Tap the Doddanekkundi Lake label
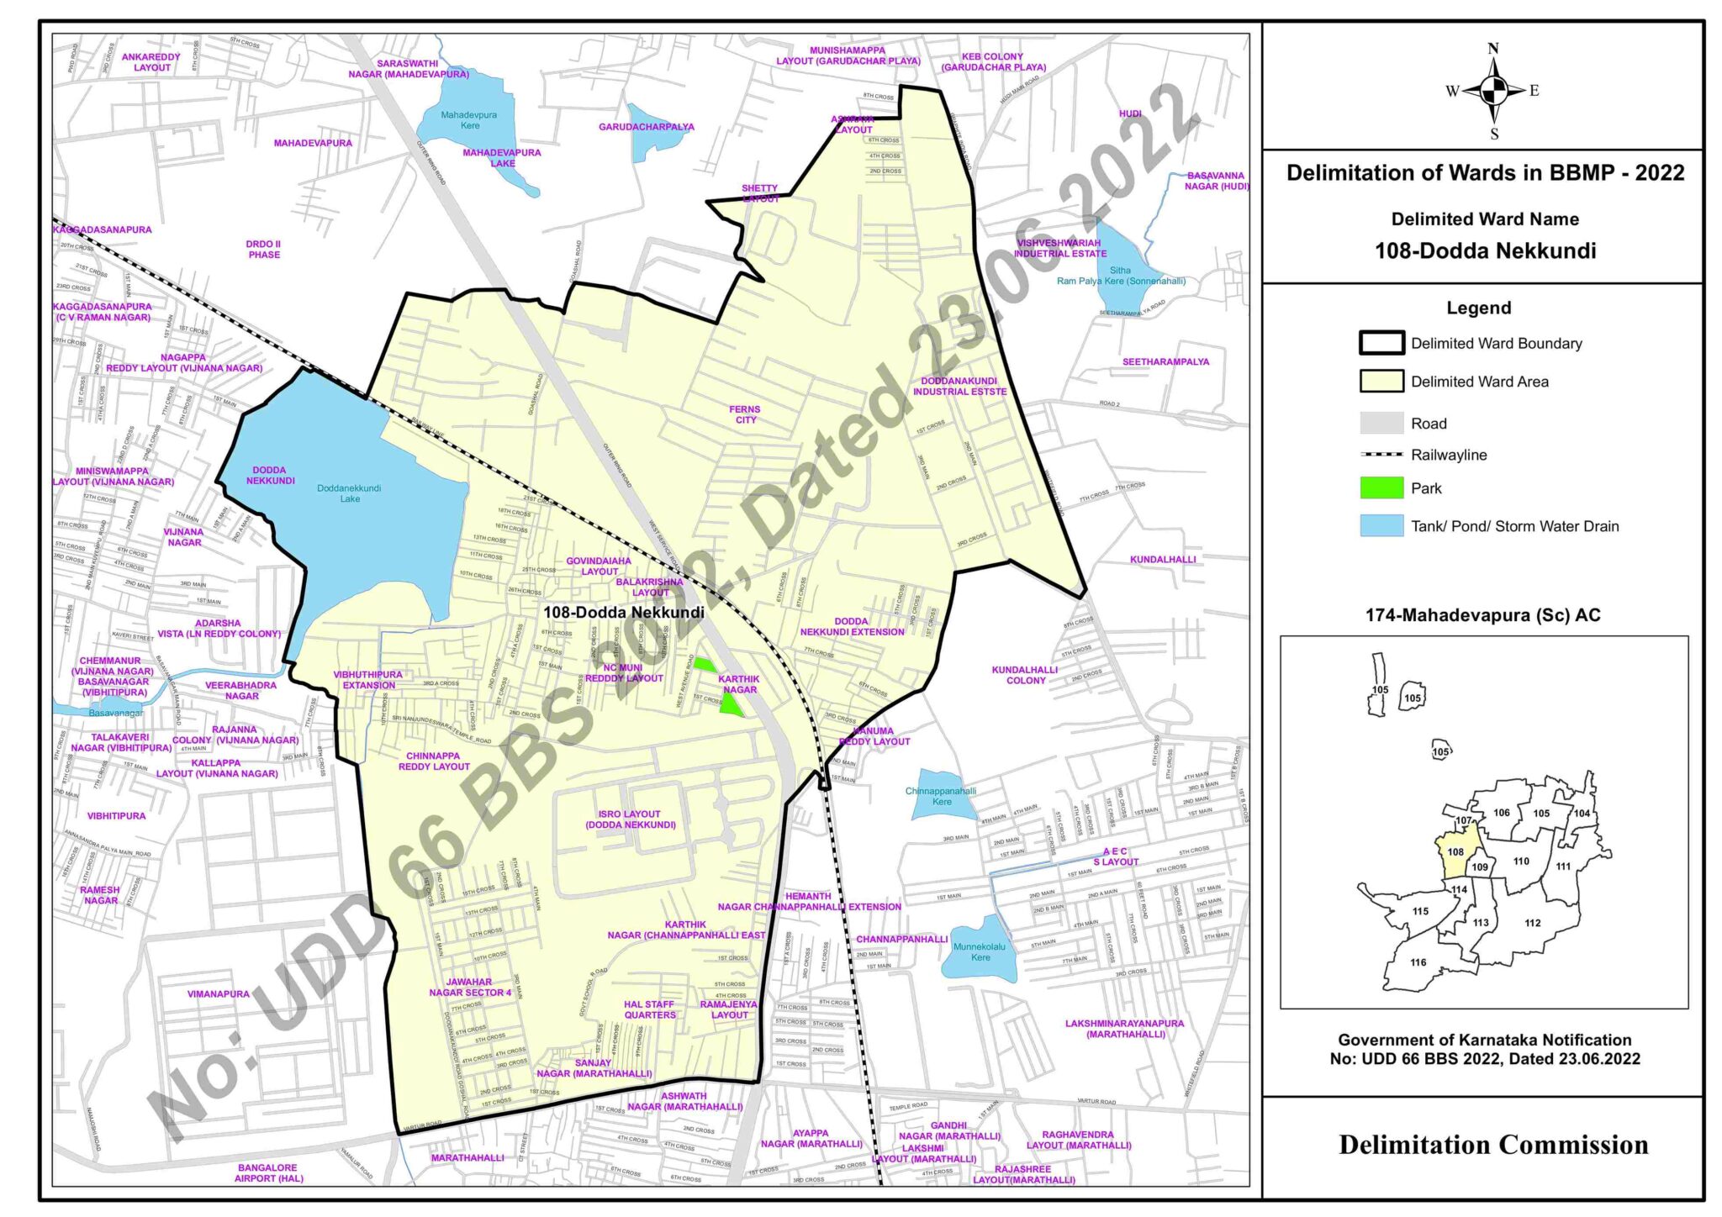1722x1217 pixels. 349,493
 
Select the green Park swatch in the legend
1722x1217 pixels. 1381,488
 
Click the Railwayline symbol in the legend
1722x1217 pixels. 1381,455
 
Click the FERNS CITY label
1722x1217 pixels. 746,414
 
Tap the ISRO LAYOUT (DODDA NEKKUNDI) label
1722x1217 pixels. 630,819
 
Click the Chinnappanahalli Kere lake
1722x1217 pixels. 941,796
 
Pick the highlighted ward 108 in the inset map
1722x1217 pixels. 1455,852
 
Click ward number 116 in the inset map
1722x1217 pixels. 1418,962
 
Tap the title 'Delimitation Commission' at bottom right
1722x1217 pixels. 1492,1145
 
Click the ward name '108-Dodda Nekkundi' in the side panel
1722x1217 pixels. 1485,250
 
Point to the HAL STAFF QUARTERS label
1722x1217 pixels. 649,1009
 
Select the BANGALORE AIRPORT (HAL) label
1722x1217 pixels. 268,1172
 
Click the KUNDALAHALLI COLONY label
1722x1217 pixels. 1024,675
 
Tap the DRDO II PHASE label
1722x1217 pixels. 263,250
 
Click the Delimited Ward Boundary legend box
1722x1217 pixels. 1381,343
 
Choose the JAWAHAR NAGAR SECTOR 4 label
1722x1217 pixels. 469,987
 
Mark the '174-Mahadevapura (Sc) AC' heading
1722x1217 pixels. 1482,615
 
